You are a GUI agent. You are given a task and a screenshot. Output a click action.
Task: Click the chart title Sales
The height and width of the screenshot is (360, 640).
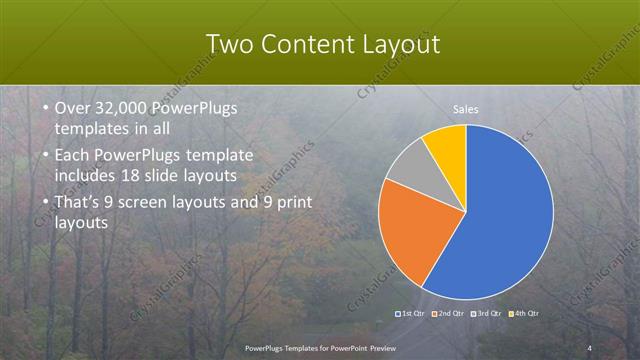466,110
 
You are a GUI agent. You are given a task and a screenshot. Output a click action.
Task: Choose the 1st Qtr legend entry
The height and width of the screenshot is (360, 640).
412,314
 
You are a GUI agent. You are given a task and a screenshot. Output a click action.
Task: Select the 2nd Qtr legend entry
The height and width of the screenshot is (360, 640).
448,314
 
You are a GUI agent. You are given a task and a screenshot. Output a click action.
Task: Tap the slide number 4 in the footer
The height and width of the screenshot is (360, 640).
590,347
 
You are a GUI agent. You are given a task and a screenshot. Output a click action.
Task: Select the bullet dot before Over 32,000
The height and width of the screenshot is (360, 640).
35,108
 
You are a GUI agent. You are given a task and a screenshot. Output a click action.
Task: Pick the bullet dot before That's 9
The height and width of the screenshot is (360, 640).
35,203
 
